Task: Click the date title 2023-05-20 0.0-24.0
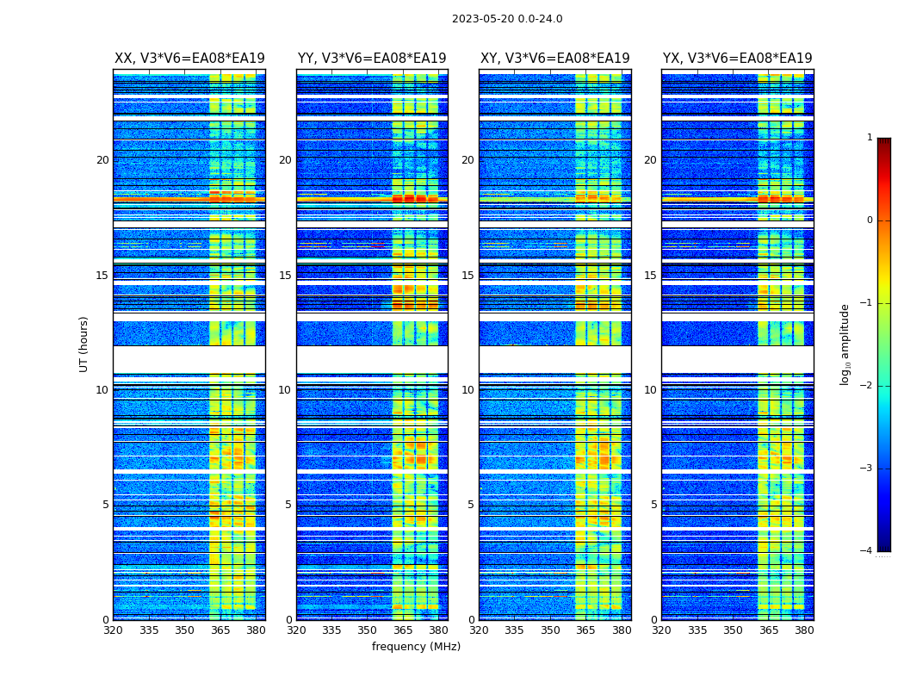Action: coord(507,19)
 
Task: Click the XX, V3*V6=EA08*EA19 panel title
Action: coord(189,59)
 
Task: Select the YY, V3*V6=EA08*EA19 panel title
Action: coord(372,59)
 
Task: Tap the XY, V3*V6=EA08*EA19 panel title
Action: coord(554,59)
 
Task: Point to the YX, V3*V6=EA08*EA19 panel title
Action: coord(737,59)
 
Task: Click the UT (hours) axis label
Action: coord(84,344)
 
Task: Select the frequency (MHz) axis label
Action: coord(416,647)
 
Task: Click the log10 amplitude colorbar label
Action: coord(845,344)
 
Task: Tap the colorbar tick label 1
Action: coord(869,138)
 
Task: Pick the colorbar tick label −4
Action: coord(867,551)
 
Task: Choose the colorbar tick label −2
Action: coord(867,386)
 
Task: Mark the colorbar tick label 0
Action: coord(869,220)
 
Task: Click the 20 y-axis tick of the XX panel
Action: coord(102,160)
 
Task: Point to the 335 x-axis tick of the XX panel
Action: coord(149,630)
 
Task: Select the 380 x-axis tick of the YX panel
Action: coord(804,630)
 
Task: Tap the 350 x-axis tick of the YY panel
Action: coord(368,630)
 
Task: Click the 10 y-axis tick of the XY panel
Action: coord(467,390)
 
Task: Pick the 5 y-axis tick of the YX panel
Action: coord(653,505)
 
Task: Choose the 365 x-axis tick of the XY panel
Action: coord(585,630)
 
